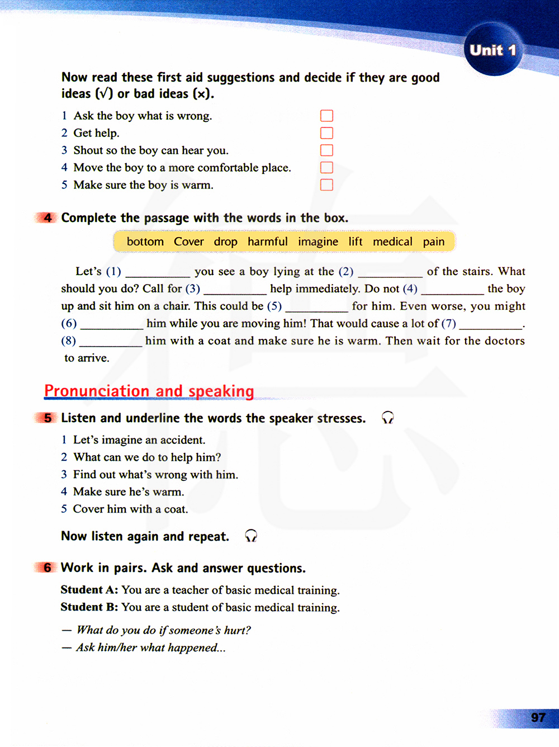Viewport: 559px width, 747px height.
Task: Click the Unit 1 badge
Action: pyautogui.click(x=492, y=50)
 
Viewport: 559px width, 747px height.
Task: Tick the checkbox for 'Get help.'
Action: pyautogui.click(x=326, y=133)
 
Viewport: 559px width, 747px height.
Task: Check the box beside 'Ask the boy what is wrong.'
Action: pyautogui.click(x=326, y=116)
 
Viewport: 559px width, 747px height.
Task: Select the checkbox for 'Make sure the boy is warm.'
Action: pyautogui.click(x=326, y=185)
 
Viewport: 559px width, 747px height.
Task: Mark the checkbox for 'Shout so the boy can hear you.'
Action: pyautogui.click(x=326, y=150)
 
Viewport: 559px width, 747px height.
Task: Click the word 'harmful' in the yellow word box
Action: pyautogui.click(x=268, y=242)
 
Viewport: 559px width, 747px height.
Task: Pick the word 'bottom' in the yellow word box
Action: pyautogui.click(x=145, y=242)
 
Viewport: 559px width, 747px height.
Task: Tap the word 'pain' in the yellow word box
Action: pyautogui.click(x=434, y=242)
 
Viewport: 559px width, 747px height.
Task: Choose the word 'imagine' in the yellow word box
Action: pyautogui.click(x=318, y=242)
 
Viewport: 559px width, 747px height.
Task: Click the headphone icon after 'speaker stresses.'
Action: pyautogui.click(x=387, y=418)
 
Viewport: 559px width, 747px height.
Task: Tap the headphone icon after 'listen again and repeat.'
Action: pyautogui.click(x=251, y=536)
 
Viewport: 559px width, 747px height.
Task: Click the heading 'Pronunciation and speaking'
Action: pyautogui.click(x=149, y=391)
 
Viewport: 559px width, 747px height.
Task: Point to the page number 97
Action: pyautogui.click(x=538, y=717)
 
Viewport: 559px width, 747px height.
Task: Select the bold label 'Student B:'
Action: pyautogui.click(x=89, y=607)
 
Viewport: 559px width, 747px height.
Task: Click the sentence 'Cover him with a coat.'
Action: pyautogui.click(x=130, y=509)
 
